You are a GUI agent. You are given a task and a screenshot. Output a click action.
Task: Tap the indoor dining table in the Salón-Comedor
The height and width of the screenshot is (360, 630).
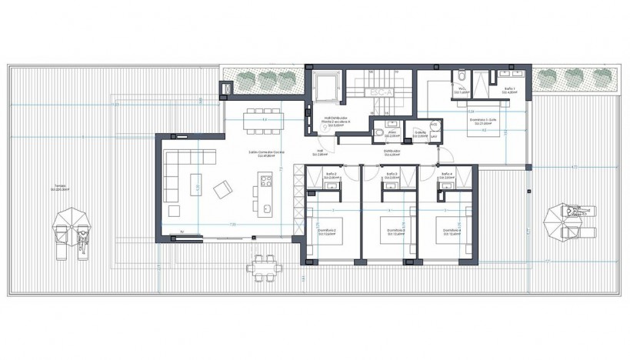click(x=263, y=120)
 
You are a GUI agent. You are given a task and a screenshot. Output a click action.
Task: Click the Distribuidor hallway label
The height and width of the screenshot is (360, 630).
click(x=392, y=152)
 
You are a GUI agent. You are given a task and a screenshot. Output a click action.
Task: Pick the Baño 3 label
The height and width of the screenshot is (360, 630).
click(x=392, y=175)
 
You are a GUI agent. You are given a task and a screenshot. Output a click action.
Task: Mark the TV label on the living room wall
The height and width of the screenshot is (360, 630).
click(x=182, y=232)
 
